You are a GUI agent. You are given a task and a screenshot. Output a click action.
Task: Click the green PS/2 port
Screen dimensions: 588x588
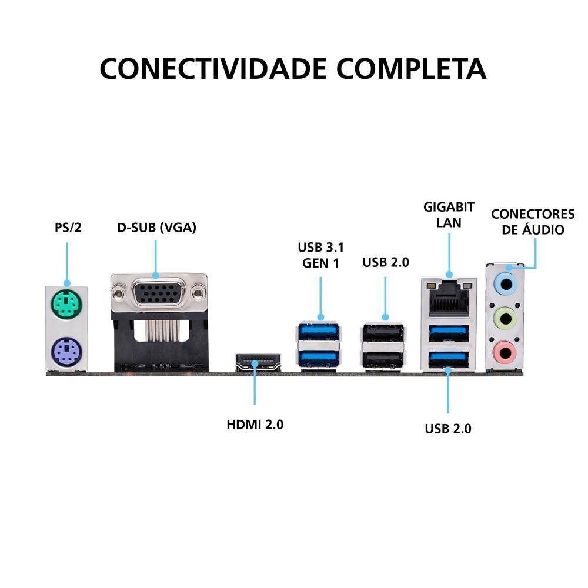pyautogui.click(x=66, y=304)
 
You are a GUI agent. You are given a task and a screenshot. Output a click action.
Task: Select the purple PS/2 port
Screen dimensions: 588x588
pyautogui.click(x=66, y=353)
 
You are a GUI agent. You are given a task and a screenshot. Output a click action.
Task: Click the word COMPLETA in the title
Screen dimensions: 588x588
pyautogui.click(x=412, y=68)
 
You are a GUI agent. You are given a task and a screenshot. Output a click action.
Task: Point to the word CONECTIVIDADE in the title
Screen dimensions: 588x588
pyautogui.click(x=213, y=68)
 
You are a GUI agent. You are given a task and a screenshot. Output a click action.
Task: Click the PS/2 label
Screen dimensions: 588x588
pyautogui.click(x=68, y=228)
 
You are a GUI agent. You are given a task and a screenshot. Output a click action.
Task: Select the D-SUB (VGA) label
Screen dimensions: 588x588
pyautogui.click(x=156, y=228)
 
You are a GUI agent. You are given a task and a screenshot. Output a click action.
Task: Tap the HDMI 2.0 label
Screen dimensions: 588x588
pyautogui.click(x=255, y=424)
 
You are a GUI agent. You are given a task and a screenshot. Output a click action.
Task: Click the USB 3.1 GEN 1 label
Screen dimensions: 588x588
pyautogui.click(x=321, y=255)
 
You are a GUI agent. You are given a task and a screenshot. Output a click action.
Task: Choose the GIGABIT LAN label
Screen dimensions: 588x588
pyautogui.click(x=449, y=215)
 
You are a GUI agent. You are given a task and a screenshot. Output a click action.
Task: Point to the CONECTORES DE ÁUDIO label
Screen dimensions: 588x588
pyautogui.click(x=533, y=222)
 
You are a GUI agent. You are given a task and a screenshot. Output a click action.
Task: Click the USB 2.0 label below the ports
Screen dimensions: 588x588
pyautogui.click(x=448, y=429)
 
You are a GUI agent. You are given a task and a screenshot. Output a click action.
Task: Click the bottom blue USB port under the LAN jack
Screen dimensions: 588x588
pyautogui.click(x=448, y=358)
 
